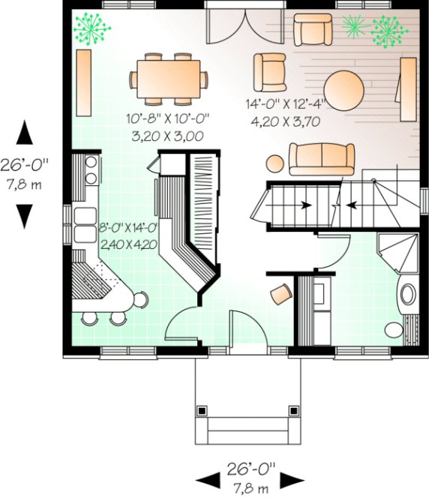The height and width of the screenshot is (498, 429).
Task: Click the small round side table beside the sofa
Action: pos(274,163)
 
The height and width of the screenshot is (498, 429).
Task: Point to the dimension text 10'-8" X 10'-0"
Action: pos(169,118)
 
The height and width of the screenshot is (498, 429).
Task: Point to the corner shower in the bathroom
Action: pos(399,250)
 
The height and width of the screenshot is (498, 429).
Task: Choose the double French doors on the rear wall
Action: pos(234,27)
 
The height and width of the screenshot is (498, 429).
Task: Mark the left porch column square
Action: pos(202,410)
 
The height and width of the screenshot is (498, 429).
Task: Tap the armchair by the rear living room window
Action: pos(311,29)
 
